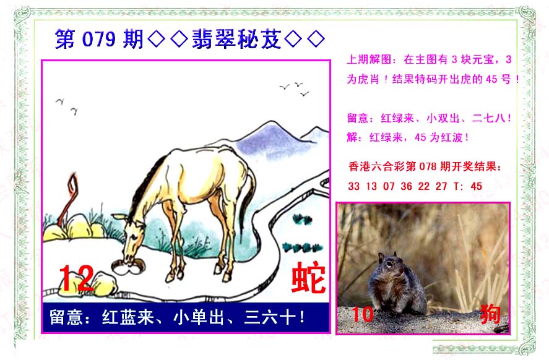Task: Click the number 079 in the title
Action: tap(98, 38)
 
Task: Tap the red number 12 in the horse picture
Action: tap(76, 278)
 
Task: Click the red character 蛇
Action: tap(308, 277)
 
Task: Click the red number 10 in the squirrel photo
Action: tap(362, 314)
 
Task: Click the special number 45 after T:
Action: tap(476, 186)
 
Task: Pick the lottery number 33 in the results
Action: tap(353, 186)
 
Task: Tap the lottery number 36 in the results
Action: tap(406, 186)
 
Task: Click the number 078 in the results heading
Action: tap(427, 166)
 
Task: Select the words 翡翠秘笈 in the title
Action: tap(236, 38)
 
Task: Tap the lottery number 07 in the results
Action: tap(389, 186)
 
